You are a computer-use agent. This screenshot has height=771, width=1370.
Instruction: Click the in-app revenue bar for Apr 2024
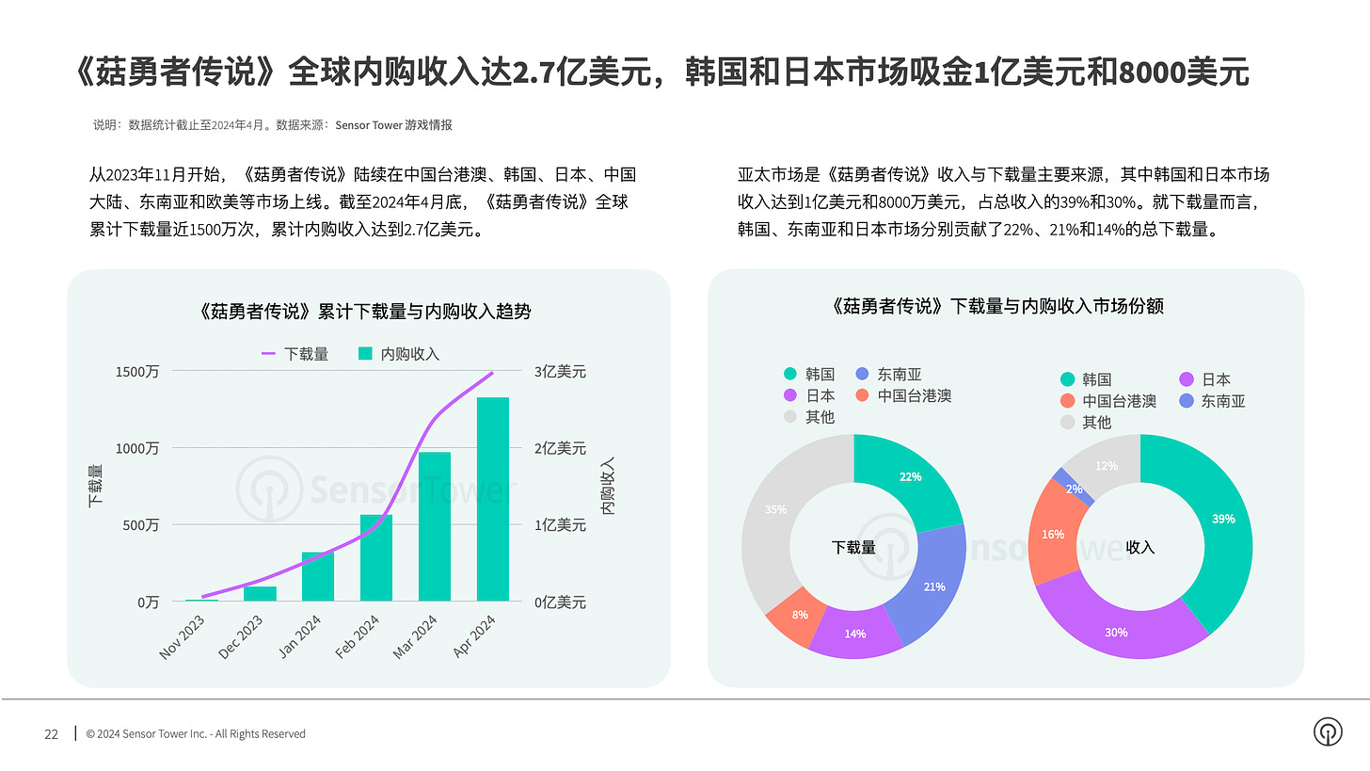click(x=492, y=499)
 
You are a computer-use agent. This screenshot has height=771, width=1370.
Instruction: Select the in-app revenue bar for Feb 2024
click(x=375, y=557)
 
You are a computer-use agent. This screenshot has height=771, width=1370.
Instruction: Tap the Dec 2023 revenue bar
click(x=260, y=593)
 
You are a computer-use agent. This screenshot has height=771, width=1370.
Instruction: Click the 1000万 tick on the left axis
click(x=137, y=448)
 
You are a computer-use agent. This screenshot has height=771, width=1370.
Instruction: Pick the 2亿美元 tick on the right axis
click(x=560, y=448)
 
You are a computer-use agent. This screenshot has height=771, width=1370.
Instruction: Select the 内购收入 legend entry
click(x=399, y=354)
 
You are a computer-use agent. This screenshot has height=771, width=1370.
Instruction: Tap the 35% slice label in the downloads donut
click(x=775, y=509)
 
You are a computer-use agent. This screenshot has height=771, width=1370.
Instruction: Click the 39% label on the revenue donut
click(x=1223, y=519)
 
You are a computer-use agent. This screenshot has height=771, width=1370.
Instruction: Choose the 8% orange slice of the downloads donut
click(x=789, y=617)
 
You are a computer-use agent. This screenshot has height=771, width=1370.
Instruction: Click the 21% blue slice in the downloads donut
click(x=933, y=586)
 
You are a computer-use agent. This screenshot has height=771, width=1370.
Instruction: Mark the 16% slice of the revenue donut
click(x=1054, y=535)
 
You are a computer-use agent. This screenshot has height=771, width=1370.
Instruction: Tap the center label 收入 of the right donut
click(x=1139, y=547)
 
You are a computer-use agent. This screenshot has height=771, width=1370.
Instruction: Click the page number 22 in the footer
click(x=52, y=733)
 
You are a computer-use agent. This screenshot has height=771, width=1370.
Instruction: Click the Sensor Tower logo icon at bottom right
click(x=1328, y=731)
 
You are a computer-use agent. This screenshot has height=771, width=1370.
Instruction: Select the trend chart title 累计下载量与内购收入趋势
click(x=366, y=311)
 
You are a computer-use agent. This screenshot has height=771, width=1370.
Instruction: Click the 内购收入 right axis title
click(x=608, y=486)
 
